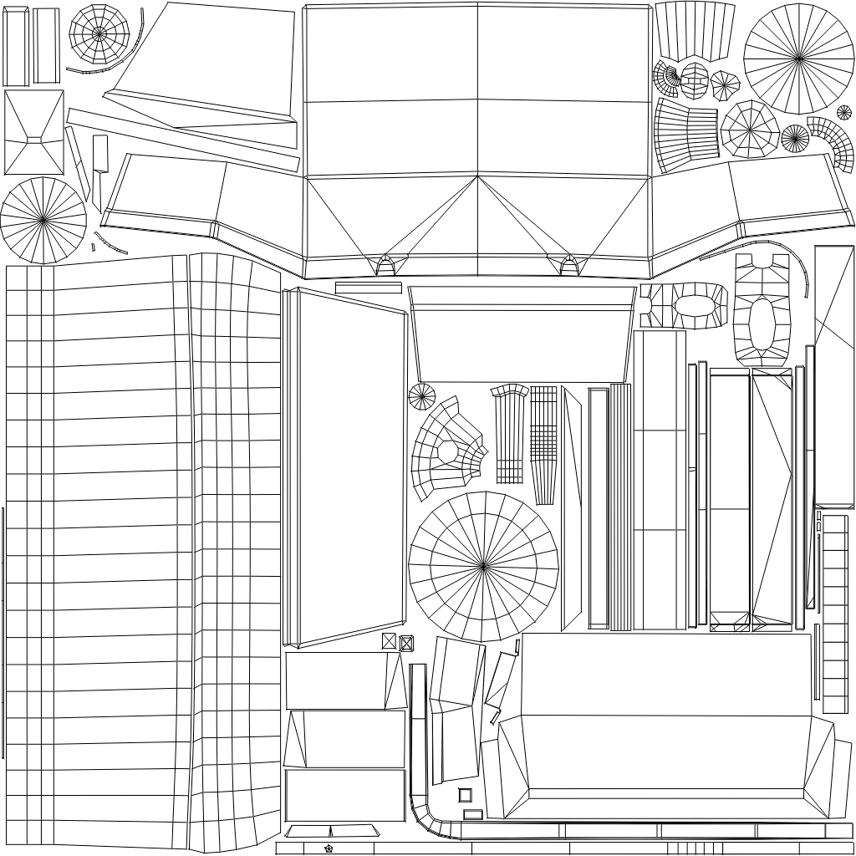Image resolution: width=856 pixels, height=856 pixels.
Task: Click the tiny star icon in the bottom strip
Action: [329, 848]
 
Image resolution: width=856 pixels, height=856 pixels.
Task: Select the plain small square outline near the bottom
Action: [465, 795]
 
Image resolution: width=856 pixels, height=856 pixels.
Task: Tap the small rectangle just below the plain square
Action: [472, 813]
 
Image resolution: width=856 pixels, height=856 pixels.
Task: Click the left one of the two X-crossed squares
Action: [389, 641]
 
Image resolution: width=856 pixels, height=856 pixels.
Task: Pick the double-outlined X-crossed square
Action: [406, 643]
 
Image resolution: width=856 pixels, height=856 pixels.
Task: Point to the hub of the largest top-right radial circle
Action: [798, 59]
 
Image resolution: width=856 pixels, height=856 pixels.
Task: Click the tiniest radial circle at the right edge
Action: [844, 112]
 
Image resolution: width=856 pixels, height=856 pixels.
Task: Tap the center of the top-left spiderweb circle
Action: [99, 34]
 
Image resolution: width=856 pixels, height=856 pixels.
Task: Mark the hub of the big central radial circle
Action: [483, 567]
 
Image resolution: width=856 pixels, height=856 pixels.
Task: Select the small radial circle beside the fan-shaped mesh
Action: [422, 396]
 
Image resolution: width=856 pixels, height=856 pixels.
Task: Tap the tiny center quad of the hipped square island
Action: [34, 138]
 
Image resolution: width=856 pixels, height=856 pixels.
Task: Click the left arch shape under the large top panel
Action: [385, 265]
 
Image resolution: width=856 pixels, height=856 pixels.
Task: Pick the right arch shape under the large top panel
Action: [569, 265]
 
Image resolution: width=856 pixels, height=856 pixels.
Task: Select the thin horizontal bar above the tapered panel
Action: [368, 288]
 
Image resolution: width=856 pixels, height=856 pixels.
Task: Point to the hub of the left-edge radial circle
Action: [43, 221]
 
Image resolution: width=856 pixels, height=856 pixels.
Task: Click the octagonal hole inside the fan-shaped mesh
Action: [448, 451]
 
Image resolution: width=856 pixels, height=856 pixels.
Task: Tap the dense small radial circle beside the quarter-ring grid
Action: [795, 138]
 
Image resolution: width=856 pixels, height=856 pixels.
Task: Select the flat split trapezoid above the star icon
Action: [331, 831]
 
